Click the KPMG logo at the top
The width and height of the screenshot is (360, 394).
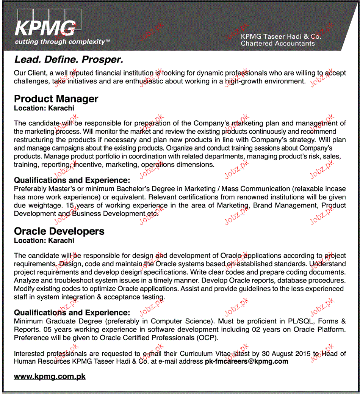[x=44, y=27]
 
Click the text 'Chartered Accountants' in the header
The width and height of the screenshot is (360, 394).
[x=278, y=44]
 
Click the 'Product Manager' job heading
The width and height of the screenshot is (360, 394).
[x=56, y=99]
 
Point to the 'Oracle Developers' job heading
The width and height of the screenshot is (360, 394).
[x=59, y=231]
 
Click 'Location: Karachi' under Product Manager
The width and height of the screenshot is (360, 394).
[x=44, y=108]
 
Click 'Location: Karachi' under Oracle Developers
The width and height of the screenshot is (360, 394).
[x=44, y=240]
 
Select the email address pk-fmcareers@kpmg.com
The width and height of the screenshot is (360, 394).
[x=246, y=361]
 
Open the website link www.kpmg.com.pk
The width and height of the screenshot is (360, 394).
[x=50, y=377]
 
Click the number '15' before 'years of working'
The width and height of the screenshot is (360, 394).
[x=69, y=205]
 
